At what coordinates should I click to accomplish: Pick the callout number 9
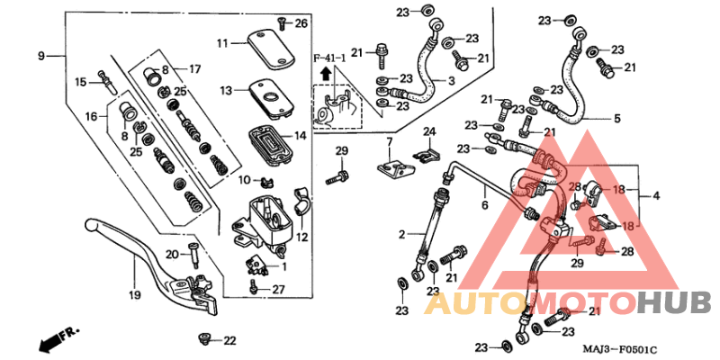[x=40, y=57]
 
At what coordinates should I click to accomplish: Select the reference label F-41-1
[x=328, y=58]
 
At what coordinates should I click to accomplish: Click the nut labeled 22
[x=204, y=340]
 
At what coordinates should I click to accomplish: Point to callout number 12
[x=301, y=237]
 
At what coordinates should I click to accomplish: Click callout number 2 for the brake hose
[x=402, y=235]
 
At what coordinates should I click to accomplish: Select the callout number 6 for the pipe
[x=483, y=205]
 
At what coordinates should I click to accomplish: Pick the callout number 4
[x=656, y=195]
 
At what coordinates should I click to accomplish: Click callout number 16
[x=91, y=117]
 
